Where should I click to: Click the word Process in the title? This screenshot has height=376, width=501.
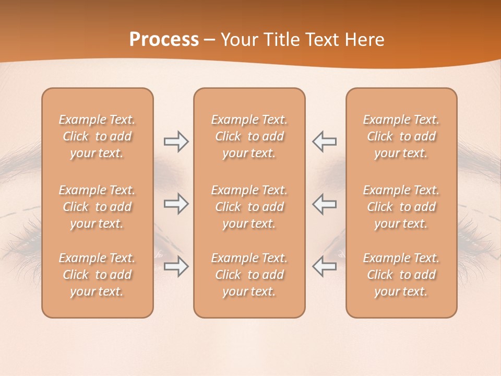point(164,40)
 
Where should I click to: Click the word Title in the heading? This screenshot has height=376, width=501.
point(283,40)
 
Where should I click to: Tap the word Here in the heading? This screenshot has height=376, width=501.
point(364,40)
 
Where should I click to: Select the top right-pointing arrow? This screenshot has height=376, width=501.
point(176,142)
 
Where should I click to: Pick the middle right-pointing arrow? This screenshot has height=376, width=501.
point(176,204)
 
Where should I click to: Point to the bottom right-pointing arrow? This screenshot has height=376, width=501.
point(176,266)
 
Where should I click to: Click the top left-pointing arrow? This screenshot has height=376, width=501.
point(325,142)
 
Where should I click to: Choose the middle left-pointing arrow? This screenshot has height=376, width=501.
point(325,204)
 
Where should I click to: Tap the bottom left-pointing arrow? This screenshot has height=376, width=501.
point(325,266)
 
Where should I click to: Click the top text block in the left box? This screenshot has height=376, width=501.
point(97,136)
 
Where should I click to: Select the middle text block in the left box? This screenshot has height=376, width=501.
point(97,207)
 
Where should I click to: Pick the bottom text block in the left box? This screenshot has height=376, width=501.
point(97,275)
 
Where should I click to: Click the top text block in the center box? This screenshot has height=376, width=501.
point(249,136)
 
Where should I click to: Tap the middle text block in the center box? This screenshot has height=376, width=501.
point(249,207)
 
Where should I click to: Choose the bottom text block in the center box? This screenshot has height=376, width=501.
point(249,275)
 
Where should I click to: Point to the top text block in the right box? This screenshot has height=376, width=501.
point(401,136)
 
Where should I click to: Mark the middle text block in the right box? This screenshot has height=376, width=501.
point(401,207)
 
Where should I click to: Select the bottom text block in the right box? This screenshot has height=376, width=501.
point(401,275)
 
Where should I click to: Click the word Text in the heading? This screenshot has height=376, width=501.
point(324,40)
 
